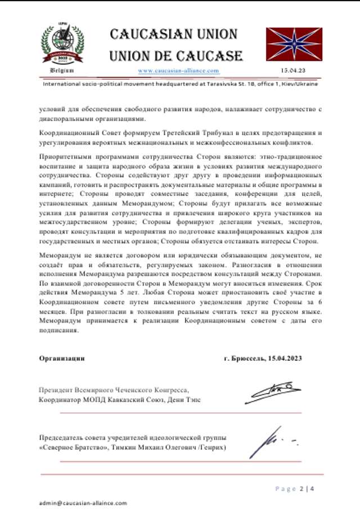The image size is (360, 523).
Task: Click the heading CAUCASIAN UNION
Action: pyautogui.click(x=176, y=34)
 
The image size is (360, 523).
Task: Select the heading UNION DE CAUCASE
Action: pyautogui.click(x=176, y=56)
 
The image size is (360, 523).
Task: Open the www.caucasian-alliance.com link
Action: pyautogui.click(x=178, y=71)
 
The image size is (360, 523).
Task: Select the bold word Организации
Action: pyautogui.click(x=62, y=357)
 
